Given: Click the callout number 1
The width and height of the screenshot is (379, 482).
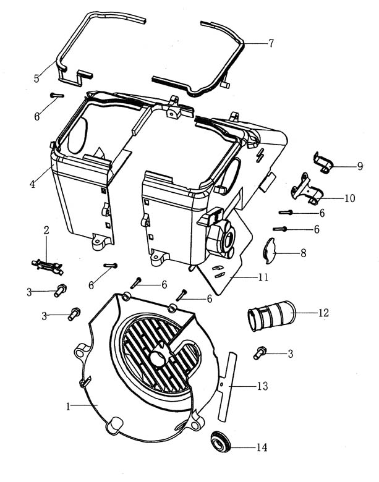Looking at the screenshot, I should (x=69, y=406).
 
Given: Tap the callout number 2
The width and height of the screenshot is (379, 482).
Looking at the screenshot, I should (x=46, y=230).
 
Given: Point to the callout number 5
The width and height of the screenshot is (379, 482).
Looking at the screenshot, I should (x=36, y=78).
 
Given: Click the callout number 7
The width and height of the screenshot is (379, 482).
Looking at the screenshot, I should (x=270, y=43).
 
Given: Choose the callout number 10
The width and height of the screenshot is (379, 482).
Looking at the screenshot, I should (x=349, y=199).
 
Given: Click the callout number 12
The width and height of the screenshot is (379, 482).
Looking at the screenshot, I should (x=323, y=313).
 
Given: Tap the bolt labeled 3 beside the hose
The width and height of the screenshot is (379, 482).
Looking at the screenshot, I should (x=260, y=354).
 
